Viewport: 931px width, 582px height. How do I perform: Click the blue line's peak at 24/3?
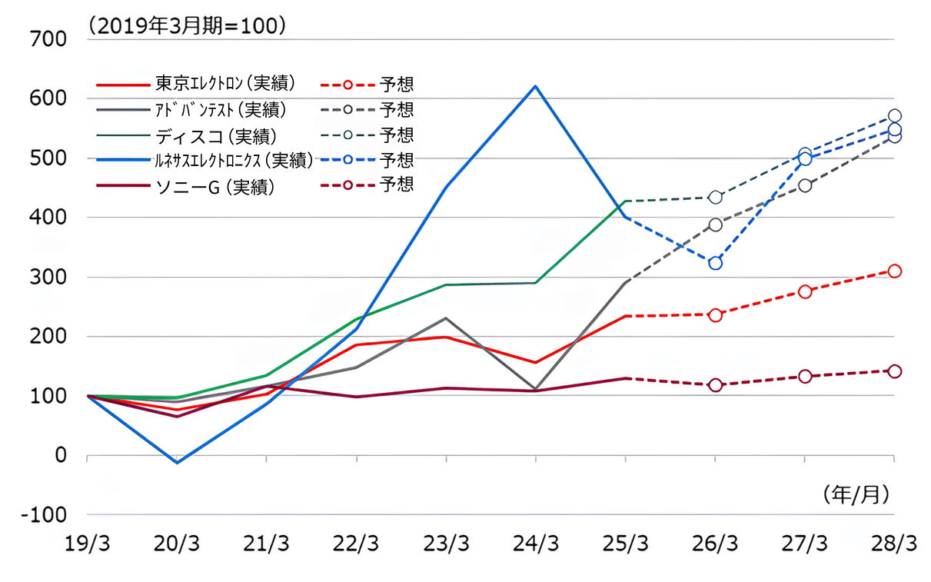pos(535,86)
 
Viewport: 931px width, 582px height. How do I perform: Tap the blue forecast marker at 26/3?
pos(716,263)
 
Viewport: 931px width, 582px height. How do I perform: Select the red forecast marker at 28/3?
pos(894,271)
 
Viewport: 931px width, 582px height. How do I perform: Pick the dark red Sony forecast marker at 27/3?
pos(805,376)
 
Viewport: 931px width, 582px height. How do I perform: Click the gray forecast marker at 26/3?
pos(716,224)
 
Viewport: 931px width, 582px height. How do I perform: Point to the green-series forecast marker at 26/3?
pos(716,198)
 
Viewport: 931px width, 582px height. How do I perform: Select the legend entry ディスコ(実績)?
pos(215,135)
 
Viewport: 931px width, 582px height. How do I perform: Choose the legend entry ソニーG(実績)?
pos(214,185)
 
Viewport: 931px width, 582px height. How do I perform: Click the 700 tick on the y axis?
pos(48,39)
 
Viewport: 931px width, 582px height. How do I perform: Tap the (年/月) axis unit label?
pos(855,494)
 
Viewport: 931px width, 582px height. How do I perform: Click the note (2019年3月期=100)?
pos(188,25)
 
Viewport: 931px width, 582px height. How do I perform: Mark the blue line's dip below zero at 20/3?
pos(178,462)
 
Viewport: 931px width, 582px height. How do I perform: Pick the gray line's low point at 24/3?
pos(535,389)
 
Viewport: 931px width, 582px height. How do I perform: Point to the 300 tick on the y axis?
pos(48,277)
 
